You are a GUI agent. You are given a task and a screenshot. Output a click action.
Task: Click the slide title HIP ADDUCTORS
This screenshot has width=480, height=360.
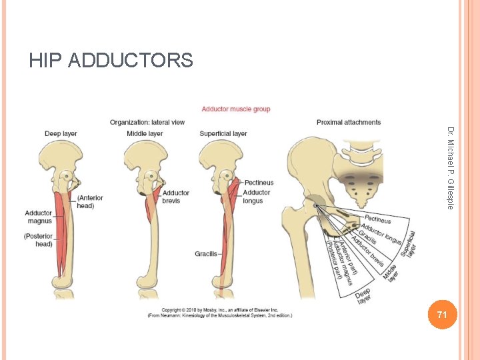click(x=111, y=61)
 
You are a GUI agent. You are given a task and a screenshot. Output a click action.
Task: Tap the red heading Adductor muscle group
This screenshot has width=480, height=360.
click(x=236, y=109)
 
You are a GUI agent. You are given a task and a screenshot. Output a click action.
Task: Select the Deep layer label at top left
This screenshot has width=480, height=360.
click(x=61, y=134)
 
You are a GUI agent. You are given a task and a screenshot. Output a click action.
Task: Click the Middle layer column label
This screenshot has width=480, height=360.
click(x=145, y=134)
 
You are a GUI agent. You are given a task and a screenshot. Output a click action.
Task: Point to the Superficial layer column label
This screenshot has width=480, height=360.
click(x=223, y=134)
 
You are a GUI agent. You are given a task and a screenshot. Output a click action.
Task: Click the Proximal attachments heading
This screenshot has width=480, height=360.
click(x=349, y=123)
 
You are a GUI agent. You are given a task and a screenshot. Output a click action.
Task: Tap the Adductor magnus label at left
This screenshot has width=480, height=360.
click(x=39, y=217)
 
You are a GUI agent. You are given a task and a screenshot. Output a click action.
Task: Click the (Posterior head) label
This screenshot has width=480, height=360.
click(x=38, y=240)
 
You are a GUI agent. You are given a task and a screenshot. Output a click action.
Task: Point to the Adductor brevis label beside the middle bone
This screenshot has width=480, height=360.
click(x=176, y=197)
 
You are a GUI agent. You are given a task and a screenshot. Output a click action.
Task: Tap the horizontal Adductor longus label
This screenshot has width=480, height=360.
click(x=257, y=197)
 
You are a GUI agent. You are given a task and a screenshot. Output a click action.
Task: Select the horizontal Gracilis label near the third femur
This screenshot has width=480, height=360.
click(x=206, y=254)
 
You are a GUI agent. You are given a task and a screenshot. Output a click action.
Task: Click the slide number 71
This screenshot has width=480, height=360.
click(x=441, y=314)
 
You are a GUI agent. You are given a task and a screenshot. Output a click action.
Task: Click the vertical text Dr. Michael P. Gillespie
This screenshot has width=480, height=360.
click(x=451, y=168)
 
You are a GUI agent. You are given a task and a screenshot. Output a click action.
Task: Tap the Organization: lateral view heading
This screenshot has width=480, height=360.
click(x=147, y=123)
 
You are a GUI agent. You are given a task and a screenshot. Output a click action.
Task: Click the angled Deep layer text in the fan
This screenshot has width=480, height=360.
click(x=364, y=296)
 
